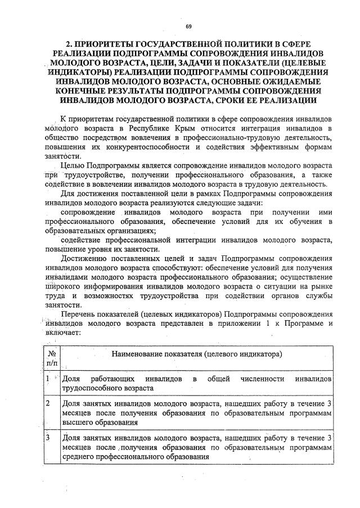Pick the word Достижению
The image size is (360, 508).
pyautogui.click(x=84, y=258)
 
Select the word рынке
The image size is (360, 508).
pyautogui.click(x=320, y=286)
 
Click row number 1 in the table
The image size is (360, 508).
pyautogui.click(x=49, y=379)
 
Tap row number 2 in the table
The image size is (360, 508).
pyautogui.click(x=49, y=403)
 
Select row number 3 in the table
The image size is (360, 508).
pyautogui.click(x=49, y=437)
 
